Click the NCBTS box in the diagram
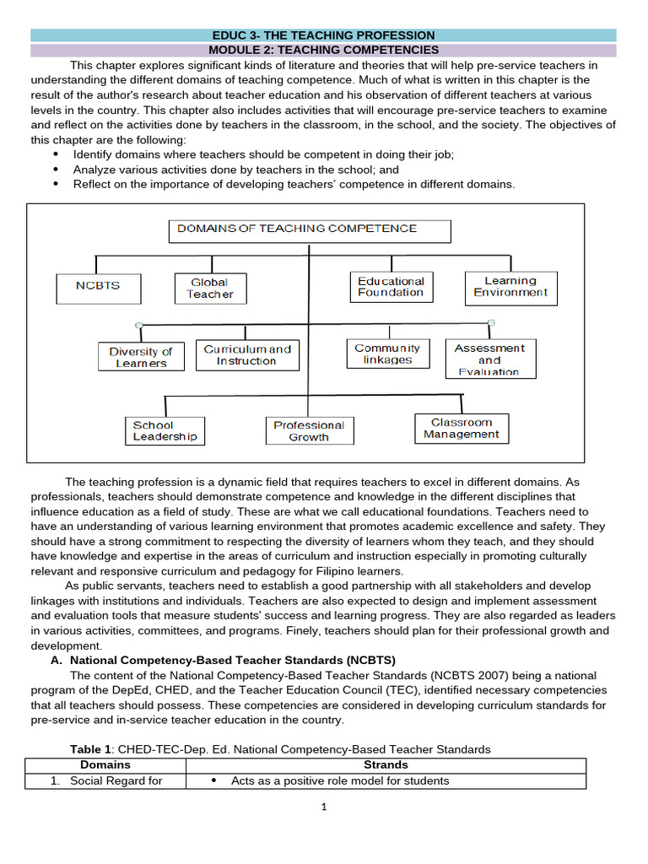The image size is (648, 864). point(98,287)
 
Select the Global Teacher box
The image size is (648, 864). point(209,288)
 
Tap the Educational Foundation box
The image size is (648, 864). point(391,287)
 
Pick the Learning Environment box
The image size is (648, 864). point(510,287)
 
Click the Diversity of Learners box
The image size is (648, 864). point(141,357)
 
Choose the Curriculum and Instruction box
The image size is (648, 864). point(247,354)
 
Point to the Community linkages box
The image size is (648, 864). point(387,354)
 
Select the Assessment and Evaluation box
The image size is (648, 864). point(489,359)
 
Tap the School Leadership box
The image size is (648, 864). point(165,430)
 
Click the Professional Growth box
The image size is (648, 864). point(309,430)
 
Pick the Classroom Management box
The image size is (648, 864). point(462,428)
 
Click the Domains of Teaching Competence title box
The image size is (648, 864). point(310,229)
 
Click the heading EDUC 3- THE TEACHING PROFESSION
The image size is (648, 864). point(324,35)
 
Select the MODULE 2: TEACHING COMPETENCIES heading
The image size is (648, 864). point(324,51)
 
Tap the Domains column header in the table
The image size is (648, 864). point(105,764)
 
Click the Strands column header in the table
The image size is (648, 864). point(385,764)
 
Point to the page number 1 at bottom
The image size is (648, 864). point(323,807)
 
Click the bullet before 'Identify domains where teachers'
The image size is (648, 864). point(57,154)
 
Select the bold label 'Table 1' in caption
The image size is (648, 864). point(90,749)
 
